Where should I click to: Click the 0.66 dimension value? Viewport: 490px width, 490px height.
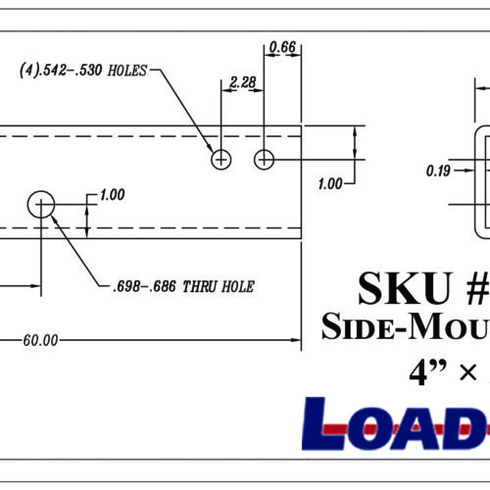click(x=282, y=46)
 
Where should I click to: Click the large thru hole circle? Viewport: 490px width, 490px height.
click(x=41, y=204)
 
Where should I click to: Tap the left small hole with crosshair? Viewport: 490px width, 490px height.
click(x=222, y=159)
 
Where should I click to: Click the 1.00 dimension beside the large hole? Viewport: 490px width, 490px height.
click(x=112, y=195)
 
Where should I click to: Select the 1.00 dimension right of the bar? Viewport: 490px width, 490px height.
click(x=330, y=183)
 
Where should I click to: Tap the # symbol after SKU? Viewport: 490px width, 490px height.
click(x=468, y=287)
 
